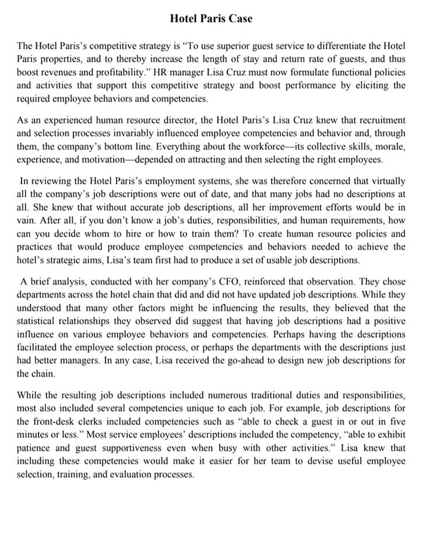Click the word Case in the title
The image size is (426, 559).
[x=240, y=19]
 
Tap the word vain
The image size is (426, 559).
[x=27, y=221]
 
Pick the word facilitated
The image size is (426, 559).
[x=41, y=349]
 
